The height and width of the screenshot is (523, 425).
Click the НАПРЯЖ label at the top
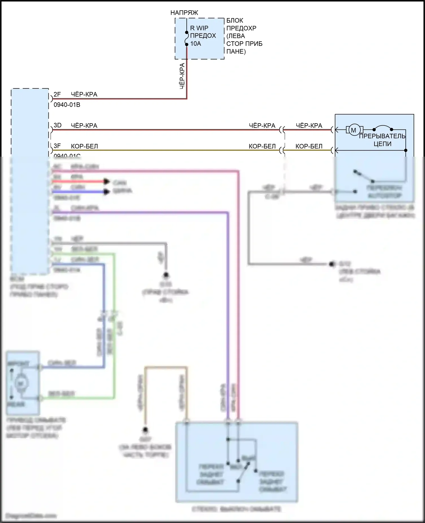click(x=184, y=13)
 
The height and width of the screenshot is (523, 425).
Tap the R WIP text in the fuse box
click(x=199, y=28)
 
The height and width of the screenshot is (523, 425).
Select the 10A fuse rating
click(x=195, y=44)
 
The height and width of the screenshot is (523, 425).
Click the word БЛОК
click(x=235, y=20)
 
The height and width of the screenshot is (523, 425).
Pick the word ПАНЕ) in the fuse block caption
click(x=236, y=52)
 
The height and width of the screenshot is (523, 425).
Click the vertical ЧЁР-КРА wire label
click(x=182, y=76)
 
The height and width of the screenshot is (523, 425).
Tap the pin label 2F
click(x=57, y=94)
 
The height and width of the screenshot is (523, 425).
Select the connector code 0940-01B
click(x=67, y=105)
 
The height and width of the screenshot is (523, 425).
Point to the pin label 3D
click(x=58, y=125)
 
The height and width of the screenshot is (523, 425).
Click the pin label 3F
click(x=57, y=146)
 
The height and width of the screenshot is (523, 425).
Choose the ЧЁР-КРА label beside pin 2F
click(x=84, y=94)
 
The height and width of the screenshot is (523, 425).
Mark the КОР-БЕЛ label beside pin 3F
click(x=84, y=146)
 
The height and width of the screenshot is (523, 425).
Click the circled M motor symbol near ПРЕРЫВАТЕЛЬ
click(x=354, y=130)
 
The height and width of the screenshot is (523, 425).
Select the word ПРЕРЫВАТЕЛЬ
click(x=382, y=136)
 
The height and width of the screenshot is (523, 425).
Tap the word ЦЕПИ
click(x=382, y=144)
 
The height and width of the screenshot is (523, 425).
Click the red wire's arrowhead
click(x=107, y=182)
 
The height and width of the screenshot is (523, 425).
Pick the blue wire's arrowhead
click(x=107, y=192)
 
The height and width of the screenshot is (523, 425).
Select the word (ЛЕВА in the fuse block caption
click(x=236, y=36)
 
